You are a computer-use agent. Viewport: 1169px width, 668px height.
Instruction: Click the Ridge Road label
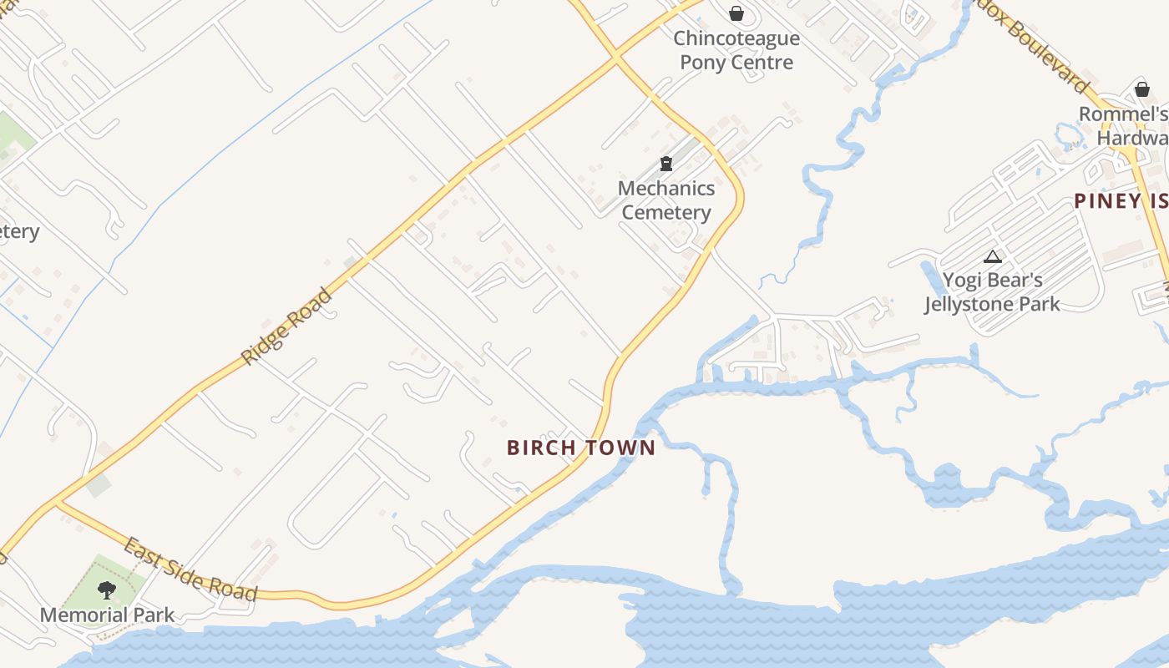(x=286, y=326)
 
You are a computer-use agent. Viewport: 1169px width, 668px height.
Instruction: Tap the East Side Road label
(x=190, y=571)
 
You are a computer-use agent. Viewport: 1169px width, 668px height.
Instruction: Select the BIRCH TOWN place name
(x=580, y=448)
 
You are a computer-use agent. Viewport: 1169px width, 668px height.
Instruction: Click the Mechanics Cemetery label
(x=666, y=200)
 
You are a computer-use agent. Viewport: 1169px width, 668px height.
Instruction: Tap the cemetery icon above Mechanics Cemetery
(x=666, y=164)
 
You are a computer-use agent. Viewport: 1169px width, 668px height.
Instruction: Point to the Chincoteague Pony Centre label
(x=736, y=50)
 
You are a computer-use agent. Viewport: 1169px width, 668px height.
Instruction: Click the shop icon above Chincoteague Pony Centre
(x=736, y=13)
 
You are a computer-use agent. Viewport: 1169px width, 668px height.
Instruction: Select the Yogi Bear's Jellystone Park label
(x=992, y=291)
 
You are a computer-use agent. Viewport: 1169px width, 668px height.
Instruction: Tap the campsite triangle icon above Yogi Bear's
(x=992, y=256)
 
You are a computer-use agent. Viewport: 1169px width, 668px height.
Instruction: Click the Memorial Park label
(x=108, y=615)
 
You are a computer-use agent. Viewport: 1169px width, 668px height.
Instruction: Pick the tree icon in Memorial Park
(x=106, y=590)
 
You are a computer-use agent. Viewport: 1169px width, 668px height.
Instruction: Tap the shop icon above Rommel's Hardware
(x=1141, y=89)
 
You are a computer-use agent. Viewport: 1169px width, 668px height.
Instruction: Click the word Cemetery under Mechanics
(x=666, y=212)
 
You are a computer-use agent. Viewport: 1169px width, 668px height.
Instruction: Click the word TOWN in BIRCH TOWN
(x=619, y=448)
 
